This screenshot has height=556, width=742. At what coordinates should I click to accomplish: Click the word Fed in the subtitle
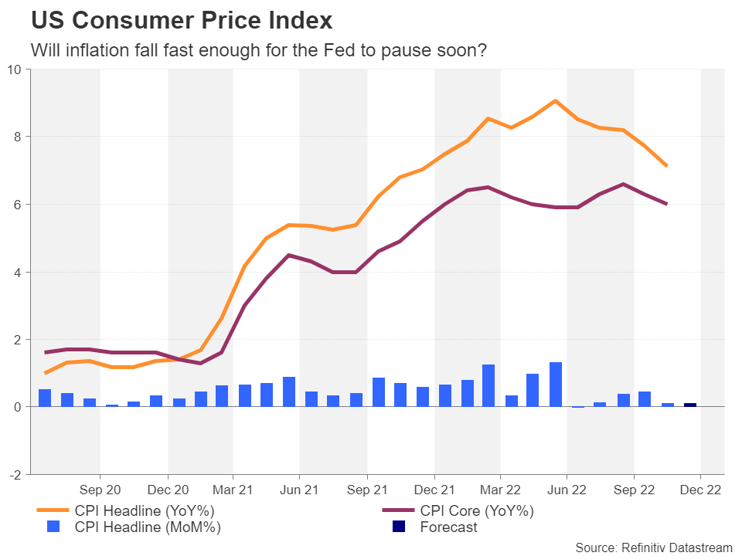point(357,51)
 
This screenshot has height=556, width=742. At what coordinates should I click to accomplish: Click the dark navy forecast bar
point(689,405)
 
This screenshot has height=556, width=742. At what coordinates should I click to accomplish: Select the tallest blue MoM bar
point(555,384)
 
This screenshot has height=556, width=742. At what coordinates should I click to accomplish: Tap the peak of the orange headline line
point(555,100)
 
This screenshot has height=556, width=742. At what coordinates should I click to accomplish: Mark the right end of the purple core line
point(666,204)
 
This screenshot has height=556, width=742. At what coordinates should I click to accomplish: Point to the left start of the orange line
point(45,373)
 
